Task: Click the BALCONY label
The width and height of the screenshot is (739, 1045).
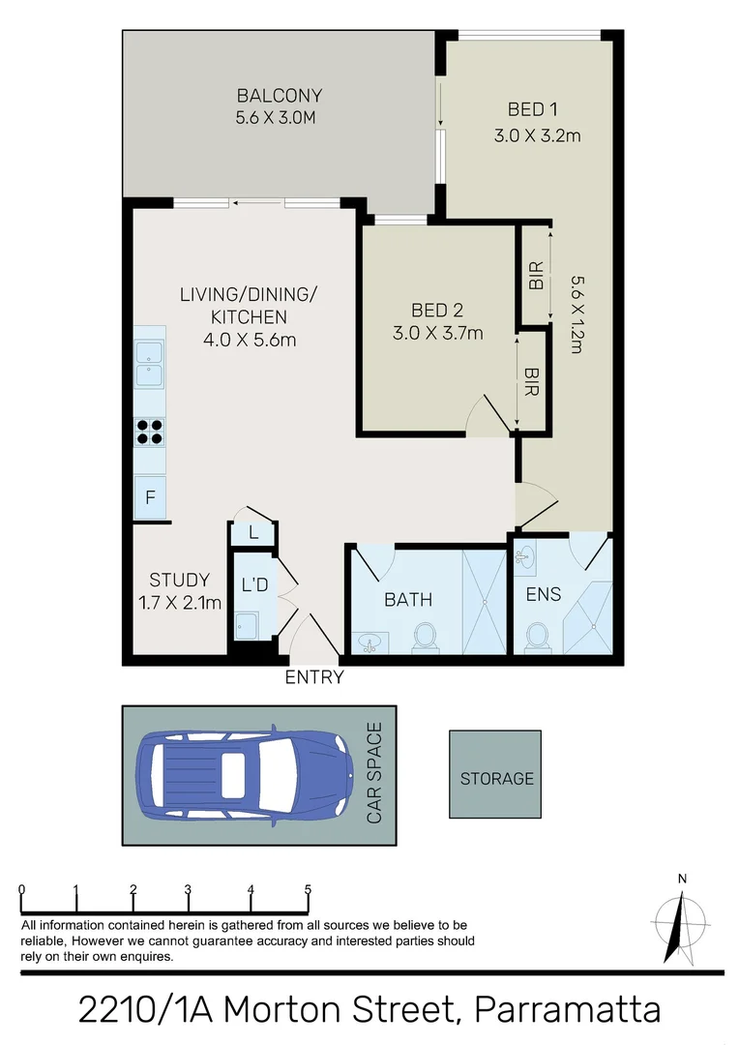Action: [x=279, y=96]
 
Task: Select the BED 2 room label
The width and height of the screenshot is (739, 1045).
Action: [x=437, y=311]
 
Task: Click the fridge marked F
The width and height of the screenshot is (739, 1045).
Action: [x=150, y=498]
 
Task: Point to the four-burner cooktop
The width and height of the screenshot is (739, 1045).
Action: [x=149, y=431]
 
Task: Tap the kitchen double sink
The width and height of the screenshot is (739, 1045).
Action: [x=149, y=362]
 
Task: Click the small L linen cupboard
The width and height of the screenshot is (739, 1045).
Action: [x=252, y=532]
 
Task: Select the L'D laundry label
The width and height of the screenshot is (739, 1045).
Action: [x=254, y=584]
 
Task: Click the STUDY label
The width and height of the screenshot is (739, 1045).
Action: [x=179, y=581]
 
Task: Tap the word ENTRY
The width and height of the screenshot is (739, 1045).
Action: [x=313, y=678]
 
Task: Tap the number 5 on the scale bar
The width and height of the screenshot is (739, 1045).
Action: [x=308, y=890]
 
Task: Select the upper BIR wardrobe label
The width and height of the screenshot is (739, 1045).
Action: [x=536, y=277]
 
